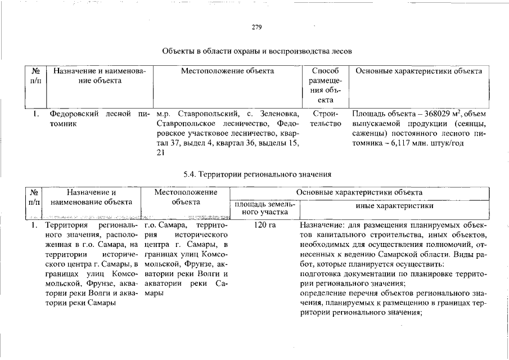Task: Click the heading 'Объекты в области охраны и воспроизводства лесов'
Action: point(257,51)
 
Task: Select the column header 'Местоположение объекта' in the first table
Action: point(227,71)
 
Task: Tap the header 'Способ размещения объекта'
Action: point(325,85)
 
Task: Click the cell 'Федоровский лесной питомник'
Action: point(100,119)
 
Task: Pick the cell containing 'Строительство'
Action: point(325,119)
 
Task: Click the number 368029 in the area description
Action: point(433,114)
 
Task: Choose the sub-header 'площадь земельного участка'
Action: point(264,209)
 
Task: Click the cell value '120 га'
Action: point(264,225)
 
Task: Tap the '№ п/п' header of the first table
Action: point(35,76)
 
